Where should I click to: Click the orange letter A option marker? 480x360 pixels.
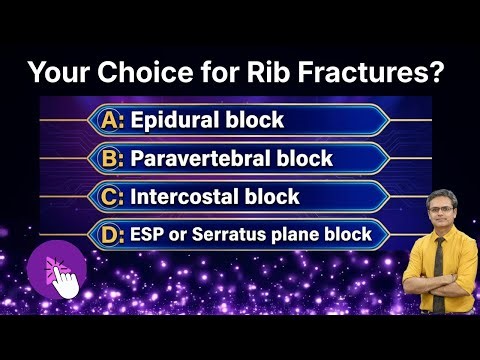pyautogui.click(x=113, y=121)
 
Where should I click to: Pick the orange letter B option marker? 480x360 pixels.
pyautogui.click(x=113, y=158)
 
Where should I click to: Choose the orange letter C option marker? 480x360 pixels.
pyautogui.click(x=113, y=196)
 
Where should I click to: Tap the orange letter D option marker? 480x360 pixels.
pyautogui.click(x=113, y=235)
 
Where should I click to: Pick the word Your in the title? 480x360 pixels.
pyautogui.click(x=57, y=73)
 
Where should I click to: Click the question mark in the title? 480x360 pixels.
pyautogui.click(x=440, y=73)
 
